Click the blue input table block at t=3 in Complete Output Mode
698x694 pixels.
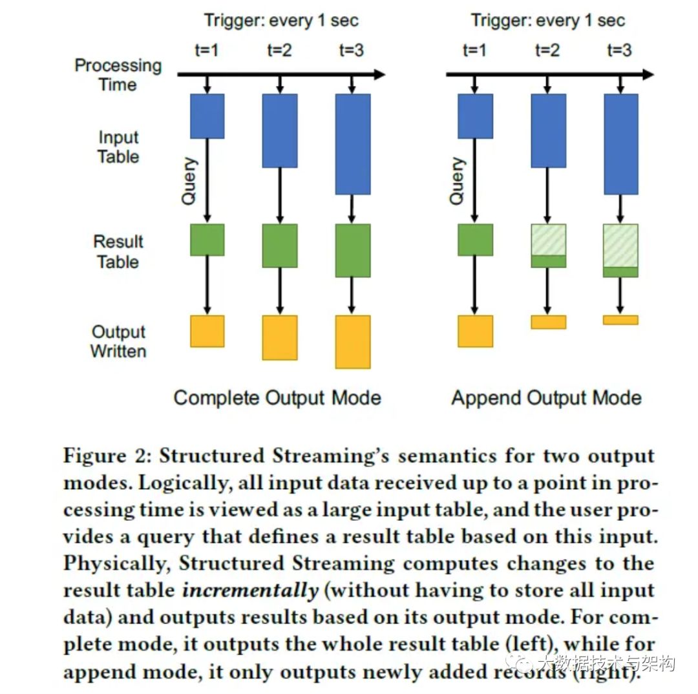(x=353, y=143)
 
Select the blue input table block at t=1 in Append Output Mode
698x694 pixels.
(x=475, y=116)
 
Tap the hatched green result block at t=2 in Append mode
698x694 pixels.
(x=548, y=240)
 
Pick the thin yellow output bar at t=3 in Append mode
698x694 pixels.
(x=620, y=320)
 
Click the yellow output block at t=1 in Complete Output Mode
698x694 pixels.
(x=207, y=331)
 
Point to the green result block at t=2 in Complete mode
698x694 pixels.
(x=280, y=246)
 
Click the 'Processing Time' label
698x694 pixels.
(x=118, y=75)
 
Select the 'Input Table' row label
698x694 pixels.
(x=118, y=147)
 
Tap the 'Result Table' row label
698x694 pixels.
(x=118, y=251)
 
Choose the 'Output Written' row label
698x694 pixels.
(x=118, y=341)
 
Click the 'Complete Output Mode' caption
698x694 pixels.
(x=277, y=397)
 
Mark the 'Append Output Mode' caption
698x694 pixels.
(x=546, y=397)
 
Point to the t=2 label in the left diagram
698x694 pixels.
(x=279, y=50)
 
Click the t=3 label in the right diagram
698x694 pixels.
(x=619, y=50)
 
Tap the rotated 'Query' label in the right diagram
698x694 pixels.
(x=457, y=182)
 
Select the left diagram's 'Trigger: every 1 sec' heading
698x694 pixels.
(x=281, y=20)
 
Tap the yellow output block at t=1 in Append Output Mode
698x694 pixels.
(x=475, y=331)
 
